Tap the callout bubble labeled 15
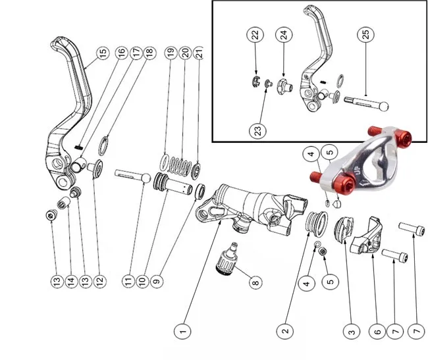(102, 53)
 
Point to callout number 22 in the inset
(255, 35)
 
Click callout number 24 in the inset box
(282, 35)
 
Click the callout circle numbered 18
(148, 53)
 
